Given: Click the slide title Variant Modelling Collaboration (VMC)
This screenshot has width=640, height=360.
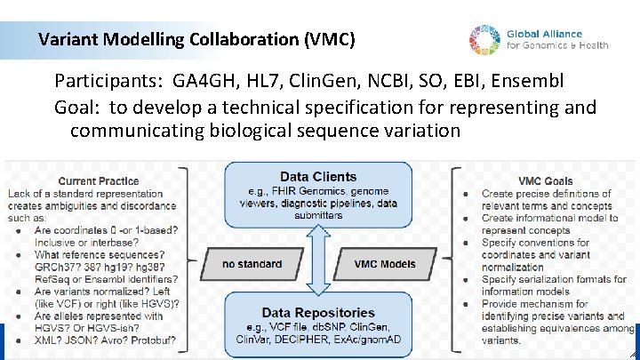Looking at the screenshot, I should pyautogui.click(x=196, y=40).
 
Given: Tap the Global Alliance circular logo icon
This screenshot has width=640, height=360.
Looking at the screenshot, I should pyautogui.click(x=485, y=39).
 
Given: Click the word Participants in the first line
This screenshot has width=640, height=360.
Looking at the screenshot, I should pyautogui.click(x=105, y=82).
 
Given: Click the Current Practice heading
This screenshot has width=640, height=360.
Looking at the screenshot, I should pyautogui.click(x=98, y=180).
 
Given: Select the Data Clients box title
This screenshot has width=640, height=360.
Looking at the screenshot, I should pyautogui.click(x=318, y=177).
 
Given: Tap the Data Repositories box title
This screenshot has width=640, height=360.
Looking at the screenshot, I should pyautogui.click(x=318, y=313).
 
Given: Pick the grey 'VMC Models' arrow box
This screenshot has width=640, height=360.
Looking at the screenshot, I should pyautogui.click(x=384, y=263).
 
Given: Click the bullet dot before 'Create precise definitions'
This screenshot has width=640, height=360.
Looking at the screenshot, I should pyautogui.click(x=468, y=193).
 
